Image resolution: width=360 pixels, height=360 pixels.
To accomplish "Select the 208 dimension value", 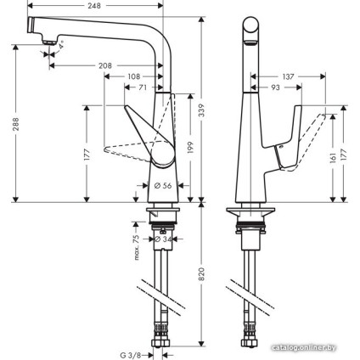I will (129, 65).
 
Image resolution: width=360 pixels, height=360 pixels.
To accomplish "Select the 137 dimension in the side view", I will (289, 76).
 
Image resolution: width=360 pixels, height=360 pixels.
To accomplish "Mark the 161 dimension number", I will (332, 158).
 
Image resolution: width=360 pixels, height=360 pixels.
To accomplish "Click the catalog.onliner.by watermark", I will (311, 347).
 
